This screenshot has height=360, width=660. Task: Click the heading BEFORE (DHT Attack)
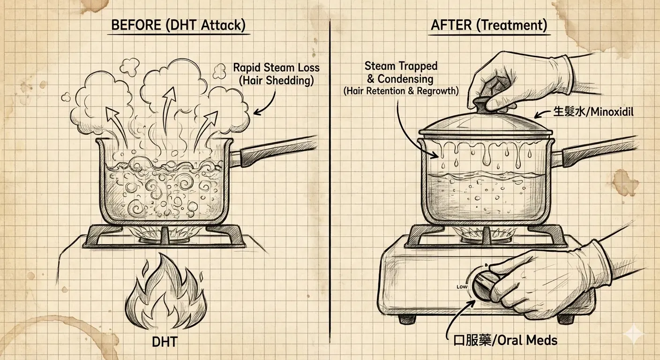pyautogui.click(x=178, y=25)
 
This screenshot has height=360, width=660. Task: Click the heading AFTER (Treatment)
pyautogui.click(x=489, y=25)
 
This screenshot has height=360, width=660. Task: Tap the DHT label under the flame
pyautogui.click(x=165, y=342)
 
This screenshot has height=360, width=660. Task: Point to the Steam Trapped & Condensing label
pyautogui.click(x=401, y=73)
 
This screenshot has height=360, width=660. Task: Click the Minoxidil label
pyautogui.click(x=593, y=112)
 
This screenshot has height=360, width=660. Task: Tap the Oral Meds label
pyautogui.click(x=505, y=341)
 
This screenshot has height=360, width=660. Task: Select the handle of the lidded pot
pyautogui.click(x=592, y=153)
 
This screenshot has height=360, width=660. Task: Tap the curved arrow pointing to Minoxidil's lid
pyautogui.click(x=543, y=114)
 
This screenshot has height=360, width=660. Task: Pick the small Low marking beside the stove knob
pyautogui.click(x=462, y=287)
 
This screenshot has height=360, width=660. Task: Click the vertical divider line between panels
pyautogui.click(x=330, y=181)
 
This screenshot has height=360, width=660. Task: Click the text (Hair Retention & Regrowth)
pyautogui.click(x=401, y=91)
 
